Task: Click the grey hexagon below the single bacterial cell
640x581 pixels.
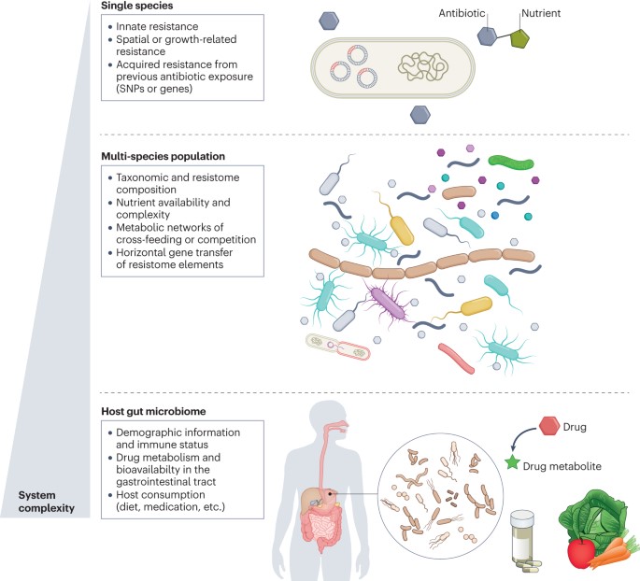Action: pos(422,114)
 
